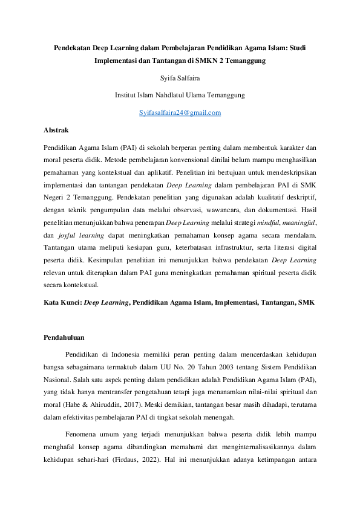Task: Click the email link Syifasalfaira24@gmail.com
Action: click(x=180, y=113)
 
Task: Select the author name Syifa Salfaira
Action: click(x=180, y=78)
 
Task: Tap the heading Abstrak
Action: click(x=56, y=130)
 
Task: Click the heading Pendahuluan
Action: click(x=64, y=337)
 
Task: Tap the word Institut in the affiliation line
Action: click(x=126, y=96)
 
